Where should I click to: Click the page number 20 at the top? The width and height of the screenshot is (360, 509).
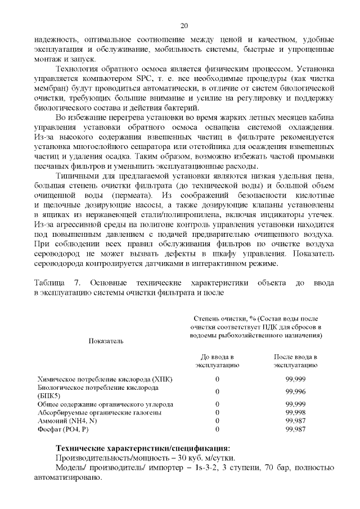(184, 25)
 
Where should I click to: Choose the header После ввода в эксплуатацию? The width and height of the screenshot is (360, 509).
(296, 361)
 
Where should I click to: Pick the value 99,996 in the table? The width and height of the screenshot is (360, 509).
(296, 392)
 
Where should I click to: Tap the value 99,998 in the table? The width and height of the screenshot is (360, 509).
(296, 412)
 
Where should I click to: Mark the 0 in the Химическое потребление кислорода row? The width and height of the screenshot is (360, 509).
(218, 380)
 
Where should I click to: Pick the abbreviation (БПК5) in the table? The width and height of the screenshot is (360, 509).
(49, 396)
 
